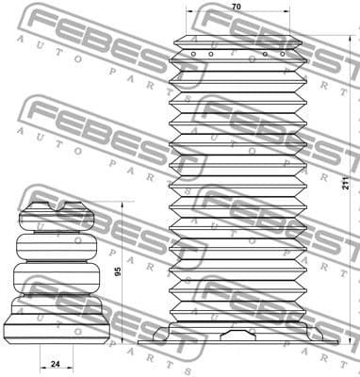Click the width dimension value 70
click(236, 8)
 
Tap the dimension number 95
click(118, 271)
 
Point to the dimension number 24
click(55, 363)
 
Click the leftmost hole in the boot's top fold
click(192, 55)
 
